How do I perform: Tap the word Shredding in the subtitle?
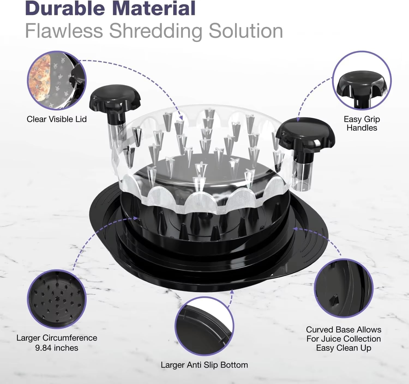(x=155, y=32)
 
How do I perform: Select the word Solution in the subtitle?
(x=246, y=31)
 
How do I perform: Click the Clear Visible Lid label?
(x=57, y=119)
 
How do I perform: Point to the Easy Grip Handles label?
(x=362, y=123)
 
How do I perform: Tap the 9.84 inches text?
(x=57, y=348)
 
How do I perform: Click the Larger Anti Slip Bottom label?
(x=204, y=365)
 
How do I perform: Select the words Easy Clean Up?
(x=344, y=348)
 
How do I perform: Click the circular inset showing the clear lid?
(x=57, y=80)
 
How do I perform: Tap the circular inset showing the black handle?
(x=362, y=80)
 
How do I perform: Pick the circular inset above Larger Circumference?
(x=57, y=299)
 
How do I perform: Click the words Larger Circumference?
(x=57, y=338)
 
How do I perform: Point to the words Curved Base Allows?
(x=344, y=330)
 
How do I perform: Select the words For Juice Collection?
(x=344, y=339)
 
